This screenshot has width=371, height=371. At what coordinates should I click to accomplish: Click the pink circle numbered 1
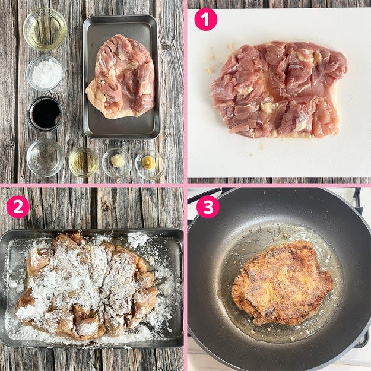click(205, 19)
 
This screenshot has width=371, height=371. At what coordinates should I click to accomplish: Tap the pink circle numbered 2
click(18, 207)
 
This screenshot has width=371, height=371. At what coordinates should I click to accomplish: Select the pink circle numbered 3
click(208, 207)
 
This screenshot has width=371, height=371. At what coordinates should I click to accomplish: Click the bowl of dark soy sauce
click(46, 113)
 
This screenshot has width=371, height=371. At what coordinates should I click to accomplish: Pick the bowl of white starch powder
click(45, 74)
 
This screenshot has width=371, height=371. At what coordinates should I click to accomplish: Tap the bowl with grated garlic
click(117, 162)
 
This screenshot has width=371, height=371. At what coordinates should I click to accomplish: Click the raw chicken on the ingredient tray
click(121, 77)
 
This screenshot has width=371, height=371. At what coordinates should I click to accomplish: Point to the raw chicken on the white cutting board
click(279, 90)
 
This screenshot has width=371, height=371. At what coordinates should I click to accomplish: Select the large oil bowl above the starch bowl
click(45, 29)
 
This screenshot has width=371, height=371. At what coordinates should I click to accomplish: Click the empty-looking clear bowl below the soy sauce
click(45, 158)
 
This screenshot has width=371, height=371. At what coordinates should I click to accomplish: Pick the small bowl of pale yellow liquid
click(83, 162)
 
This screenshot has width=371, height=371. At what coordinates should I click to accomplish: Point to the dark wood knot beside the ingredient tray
click(165, 46)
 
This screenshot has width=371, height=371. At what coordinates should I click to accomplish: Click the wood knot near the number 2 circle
click(106, 207)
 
